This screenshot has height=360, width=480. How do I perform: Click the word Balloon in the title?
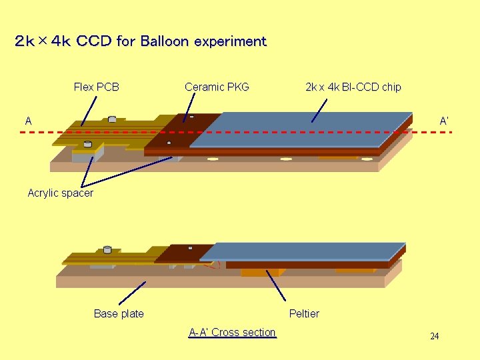(x=164, y=41)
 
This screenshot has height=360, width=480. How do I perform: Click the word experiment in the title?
(x=230, y=41)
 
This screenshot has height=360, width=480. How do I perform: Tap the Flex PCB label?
(x=96, y=87)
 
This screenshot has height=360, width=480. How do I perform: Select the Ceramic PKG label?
(x=217, y=87)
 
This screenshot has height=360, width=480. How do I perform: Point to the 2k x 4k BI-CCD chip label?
(x=353, y=87)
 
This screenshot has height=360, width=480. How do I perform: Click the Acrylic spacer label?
(x=61, y=193)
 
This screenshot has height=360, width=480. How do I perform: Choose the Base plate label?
(x=119, y=313)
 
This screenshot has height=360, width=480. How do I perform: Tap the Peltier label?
(x=304, y=313)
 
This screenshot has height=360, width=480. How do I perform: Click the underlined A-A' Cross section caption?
(x=232, y=333)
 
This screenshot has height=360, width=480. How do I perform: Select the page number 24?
(x=434, y=337)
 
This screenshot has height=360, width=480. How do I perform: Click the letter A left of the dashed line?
(x=29, y=121)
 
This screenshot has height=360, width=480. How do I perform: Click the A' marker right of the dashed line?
(x=444, y=121)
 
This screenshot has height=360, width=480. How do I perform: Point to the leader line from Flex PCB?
(x=89, y=111)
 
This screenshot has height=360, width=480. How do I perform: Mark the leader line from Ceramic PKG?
(x=189, y=109)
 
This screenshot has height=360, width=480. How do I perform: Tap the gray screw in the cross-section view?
(x=107, y=251)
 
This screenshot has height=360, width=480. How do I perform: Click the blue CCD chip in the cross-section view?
(x=300, y=251)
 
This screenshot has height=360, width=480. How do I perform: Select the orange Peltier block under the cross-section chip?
(x=260, y=272)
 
